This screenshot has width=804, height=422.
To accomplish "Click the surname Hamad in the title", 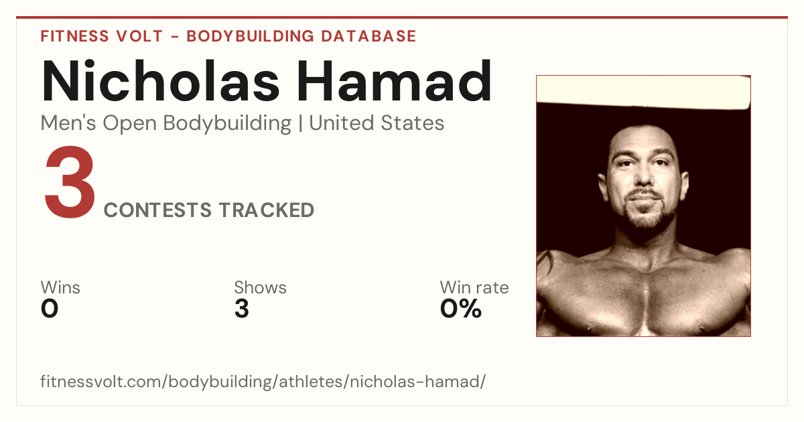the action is pyautogui.click(x=394, y=81).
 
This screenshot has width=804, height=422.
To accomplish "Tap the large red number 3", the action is pyautogui.click(x=70, y=182).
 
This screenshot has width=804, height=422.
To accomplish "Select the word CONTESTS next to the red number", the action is pyautogui.click(x=157, y=210).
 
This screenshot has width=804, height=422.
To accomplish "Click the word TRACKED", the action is pyautogui.click(x=267, y=210).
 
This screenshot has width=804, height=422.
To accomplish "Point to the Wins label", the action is pyautogui.click(x=60, y=287).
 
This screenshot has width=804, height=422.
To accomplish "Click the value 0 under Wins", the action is pyautogui.click(x=50, y=309).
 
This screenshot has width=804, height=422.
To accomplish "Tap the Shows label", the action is pyautogui.click(x=260, y=287).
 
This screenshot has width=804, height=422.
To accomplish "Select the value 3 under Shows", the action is pyautogui.click(x=242, y=309).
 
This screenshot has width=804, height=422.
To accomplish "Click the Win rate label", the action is pyautogui.click(x=474, y=287).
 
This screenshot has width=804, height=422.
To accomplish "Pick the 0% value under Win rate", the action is pyautogui.click(x=460, y=309).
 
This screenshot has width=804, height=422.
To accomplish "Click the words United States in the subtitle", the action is pyautogui.click(x=377, y=123).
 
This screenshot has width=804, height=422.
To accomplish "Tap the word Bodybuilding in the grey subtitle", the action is pyautogui.click(x=227, y=124).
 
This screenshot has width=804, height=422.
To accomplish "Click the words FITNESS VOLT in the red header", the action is pyautogui.click(x=102, y=36).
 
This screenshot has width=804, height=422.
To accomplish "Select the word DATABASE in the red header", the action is pyautogui.click(x=368, y=36).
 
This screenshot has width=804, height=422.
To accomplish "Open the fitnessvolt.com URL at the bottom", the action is pyautogui.click(x=263, y=381).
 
